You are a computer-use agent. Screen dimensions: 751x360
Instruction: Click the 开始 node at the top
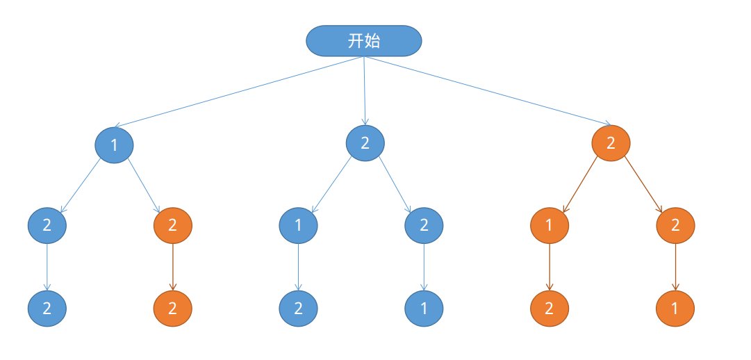click(363, 41)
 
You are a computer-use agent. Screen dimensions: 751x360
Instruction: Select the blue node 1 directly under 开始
click(114, 145)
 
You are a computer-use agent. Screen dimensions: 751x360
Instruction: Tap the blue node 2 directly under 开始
click(365, 143)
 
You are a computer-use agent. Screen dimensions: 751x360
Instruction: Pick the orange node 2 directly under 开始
click(611, 143)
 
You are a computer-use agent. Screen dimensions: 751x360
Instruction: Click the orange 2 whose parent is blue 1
click(172, 225)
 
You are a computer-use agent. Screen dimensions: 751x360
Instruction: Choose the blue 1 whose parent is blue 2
click(298, 225)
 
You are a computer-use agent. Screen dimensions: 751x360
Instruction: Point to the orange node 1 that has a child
click(550, 225)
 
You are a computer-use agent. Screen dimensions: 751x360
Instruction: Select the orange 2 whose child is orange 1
click(675, 225)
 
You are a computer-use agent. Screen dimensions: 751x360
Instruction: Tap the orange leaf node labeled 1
click(675, 309)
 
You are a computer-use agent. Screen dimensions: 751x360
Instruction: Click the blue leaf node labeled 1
click(424, 309)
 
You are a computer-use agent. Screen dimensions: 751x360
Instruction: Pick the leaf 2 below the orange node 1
click(550, 309)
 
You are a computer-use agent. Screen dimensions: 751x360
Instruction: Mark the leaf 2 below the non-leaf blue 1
click(298, 309)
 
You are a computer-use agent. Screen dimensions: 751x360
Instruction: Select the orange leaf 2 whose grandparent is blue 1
click(172, 309)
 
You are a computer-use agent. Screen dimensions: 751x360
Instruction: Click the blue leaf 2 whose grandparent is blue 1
click(47, 309)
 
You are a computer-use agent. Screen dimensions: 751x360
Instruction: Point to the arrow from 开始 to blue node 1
click(239, 92)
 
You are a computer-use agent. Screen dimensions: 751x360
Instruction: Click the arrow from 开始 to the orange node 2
click(488, 91)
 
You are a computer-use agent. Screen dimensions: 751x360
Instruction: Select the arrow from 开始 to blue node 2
click(365, 90)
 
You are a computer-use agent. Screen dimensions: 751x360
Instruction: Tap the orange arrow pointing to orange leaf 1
click(675, 267)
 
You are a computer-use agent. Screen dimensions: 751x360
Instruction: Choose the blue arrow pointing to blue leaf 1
click(424, 267)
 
